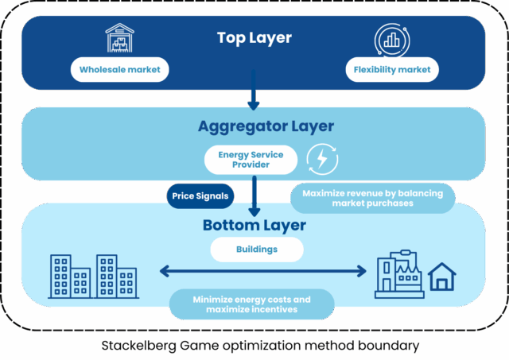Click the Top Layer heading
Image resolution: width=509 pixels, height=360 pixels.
pyautogui.click(x=254, y=38)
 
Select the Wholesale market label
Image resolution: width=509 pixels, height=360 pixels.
pyautogui.click(x=120, y=70)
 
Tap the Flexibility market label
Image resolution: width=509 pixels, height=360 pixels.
pyautogui.click(x=393, y=70)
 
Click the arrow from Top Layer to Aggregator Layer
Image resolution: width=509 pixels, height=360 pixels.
pyautogui.click(x=253, y=89)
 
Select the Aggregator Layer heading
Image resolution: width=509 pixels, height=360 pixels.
pyautogui.click(x=254, y=126)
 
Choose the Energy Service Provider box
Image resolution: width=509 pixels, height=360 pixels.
pyautogui.click(x=251, y=159)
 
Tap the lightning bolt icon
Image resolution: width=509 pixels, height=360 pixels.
pyautogui.click(x=322, y=159)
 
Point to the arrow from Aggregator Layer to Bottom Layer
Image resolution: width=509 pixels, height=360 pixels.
pyautogui.click(x=254, y=195)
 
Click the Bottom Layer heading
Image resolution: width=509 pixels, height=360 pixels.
pyautogui.click(x=254, y=225)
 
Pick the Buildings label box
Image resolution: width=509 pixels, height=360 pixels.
pyautogui.click(x=257, y=250)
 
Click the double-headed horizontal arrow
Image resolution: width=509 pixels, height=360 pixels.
pyautogui.click(x=262, y=272)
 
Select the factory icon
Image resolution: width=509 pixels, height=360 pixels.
pyautogui.click(x=398, y=275)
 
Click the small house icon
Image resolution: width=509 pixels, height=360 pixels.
pyautogui.click(x=442, y=277)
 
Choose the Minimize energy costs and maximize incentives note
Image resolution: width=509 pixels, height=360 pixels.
pyautogui.click(x=251, y=304)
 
